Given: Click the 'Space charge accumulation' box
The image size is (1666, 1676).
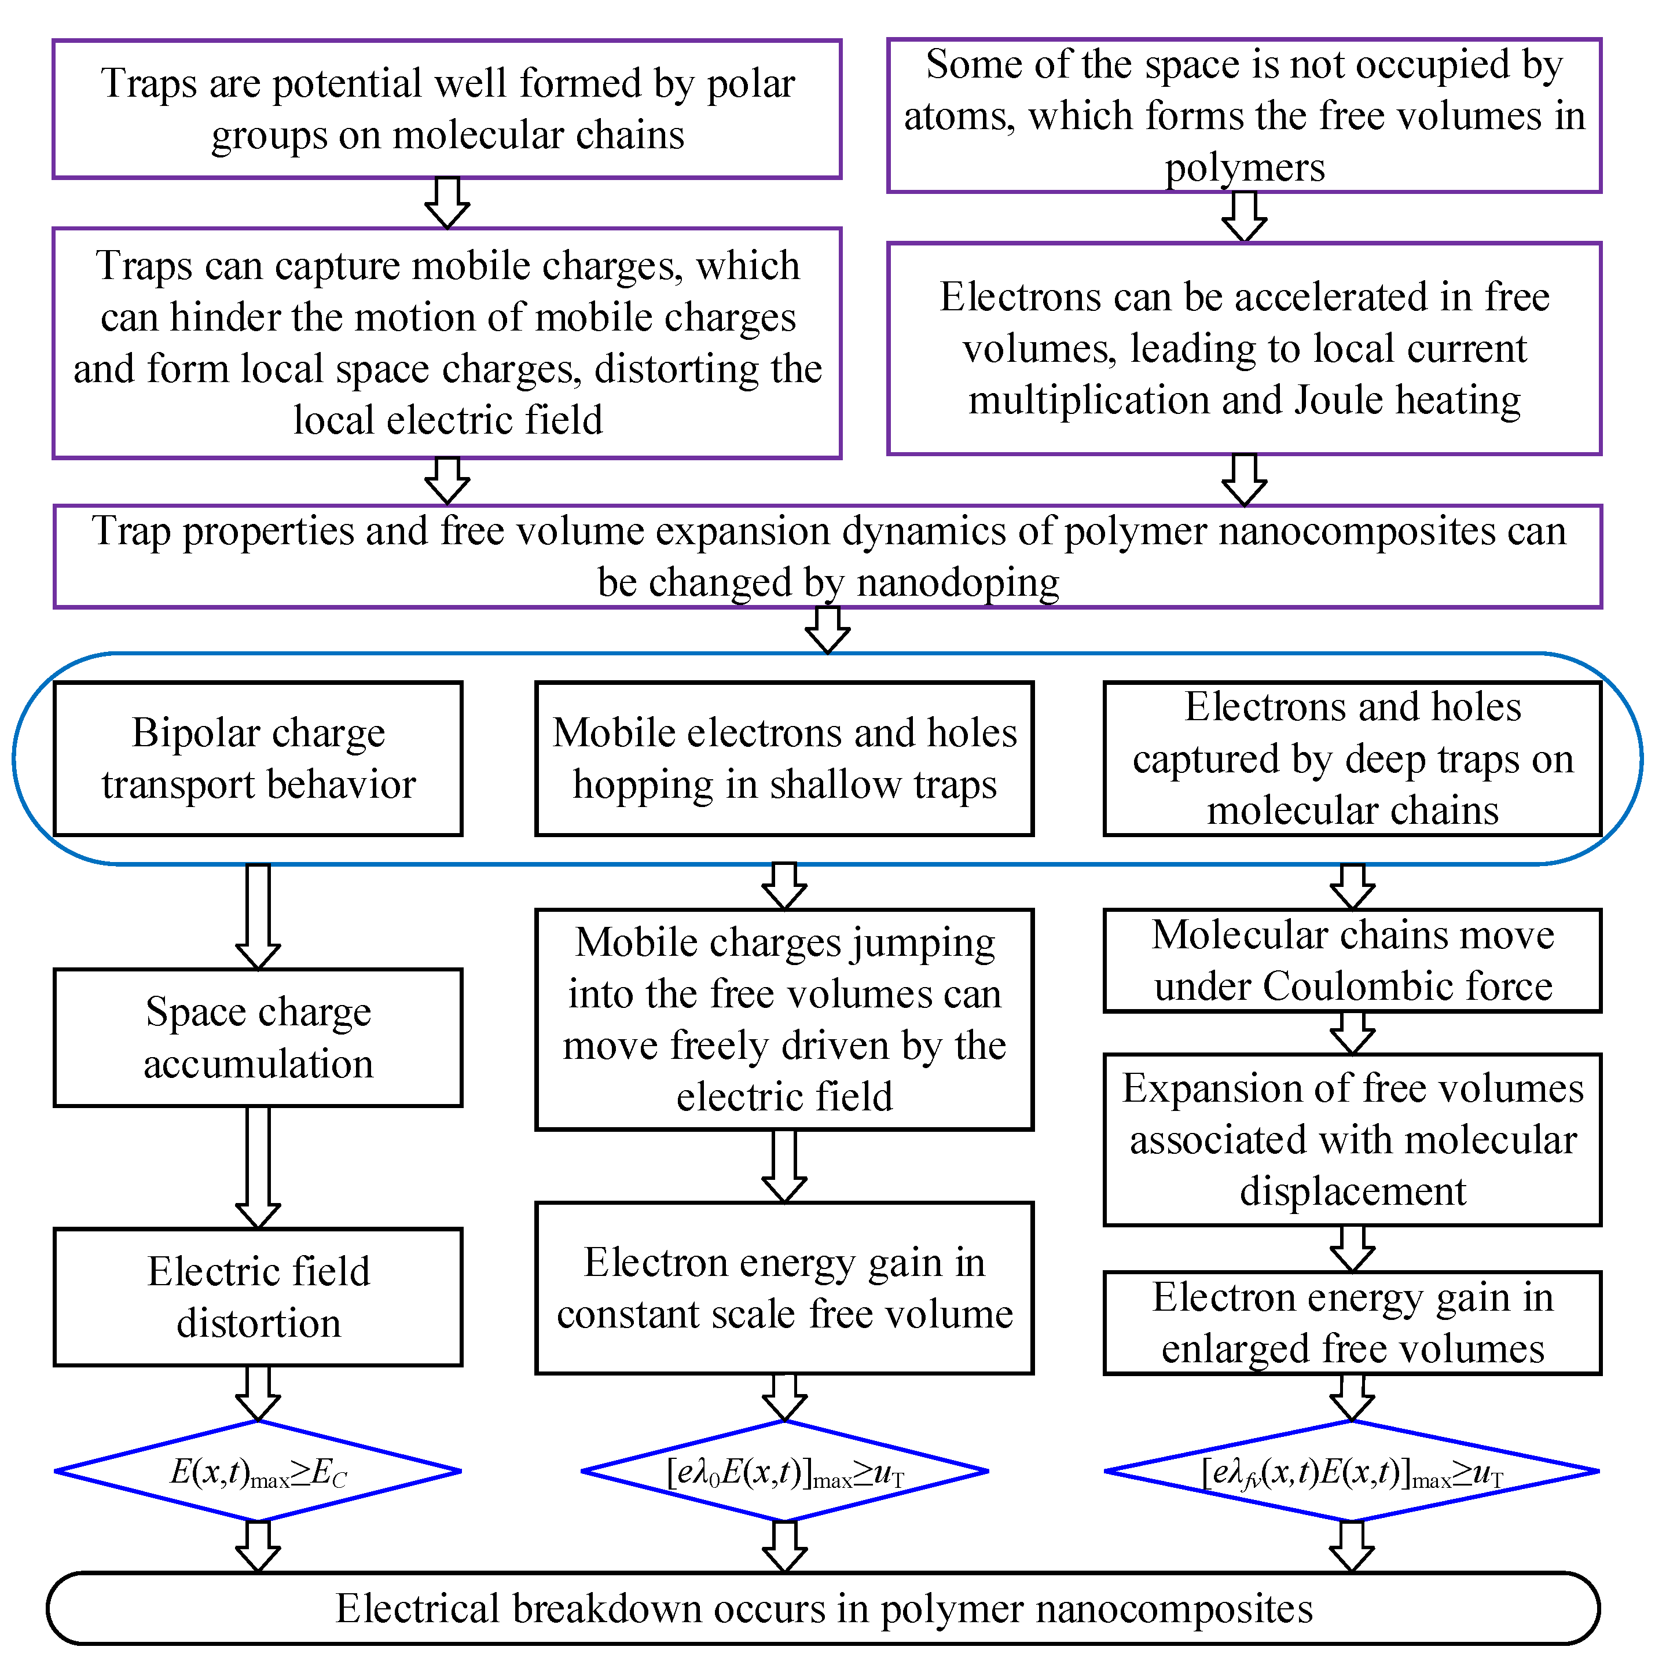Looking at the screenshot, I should pos(258,1037).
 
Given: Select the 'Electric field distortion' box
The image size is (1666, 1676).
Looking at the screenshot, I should pos(258,1297).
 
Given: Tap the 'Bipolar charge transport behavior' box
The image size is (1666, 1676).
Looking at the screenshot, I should pos(258,758).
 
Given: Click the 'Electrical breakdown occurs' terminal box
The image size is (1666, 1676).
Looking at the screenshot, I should pos(823,1608).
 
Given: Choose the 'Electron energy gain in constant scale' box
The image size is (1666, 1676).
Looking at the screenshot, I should pos(784,1288).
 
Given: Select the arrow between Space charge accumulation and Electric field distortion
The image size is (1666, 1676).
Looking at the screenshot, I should pos(258,1167).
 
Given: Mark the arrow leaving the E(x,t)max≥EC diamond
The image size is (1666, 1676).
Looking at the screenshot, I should pos(258,1547).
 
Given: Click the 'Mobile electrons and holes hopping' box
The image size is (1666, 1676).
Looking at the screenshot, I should pos(784,758).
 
